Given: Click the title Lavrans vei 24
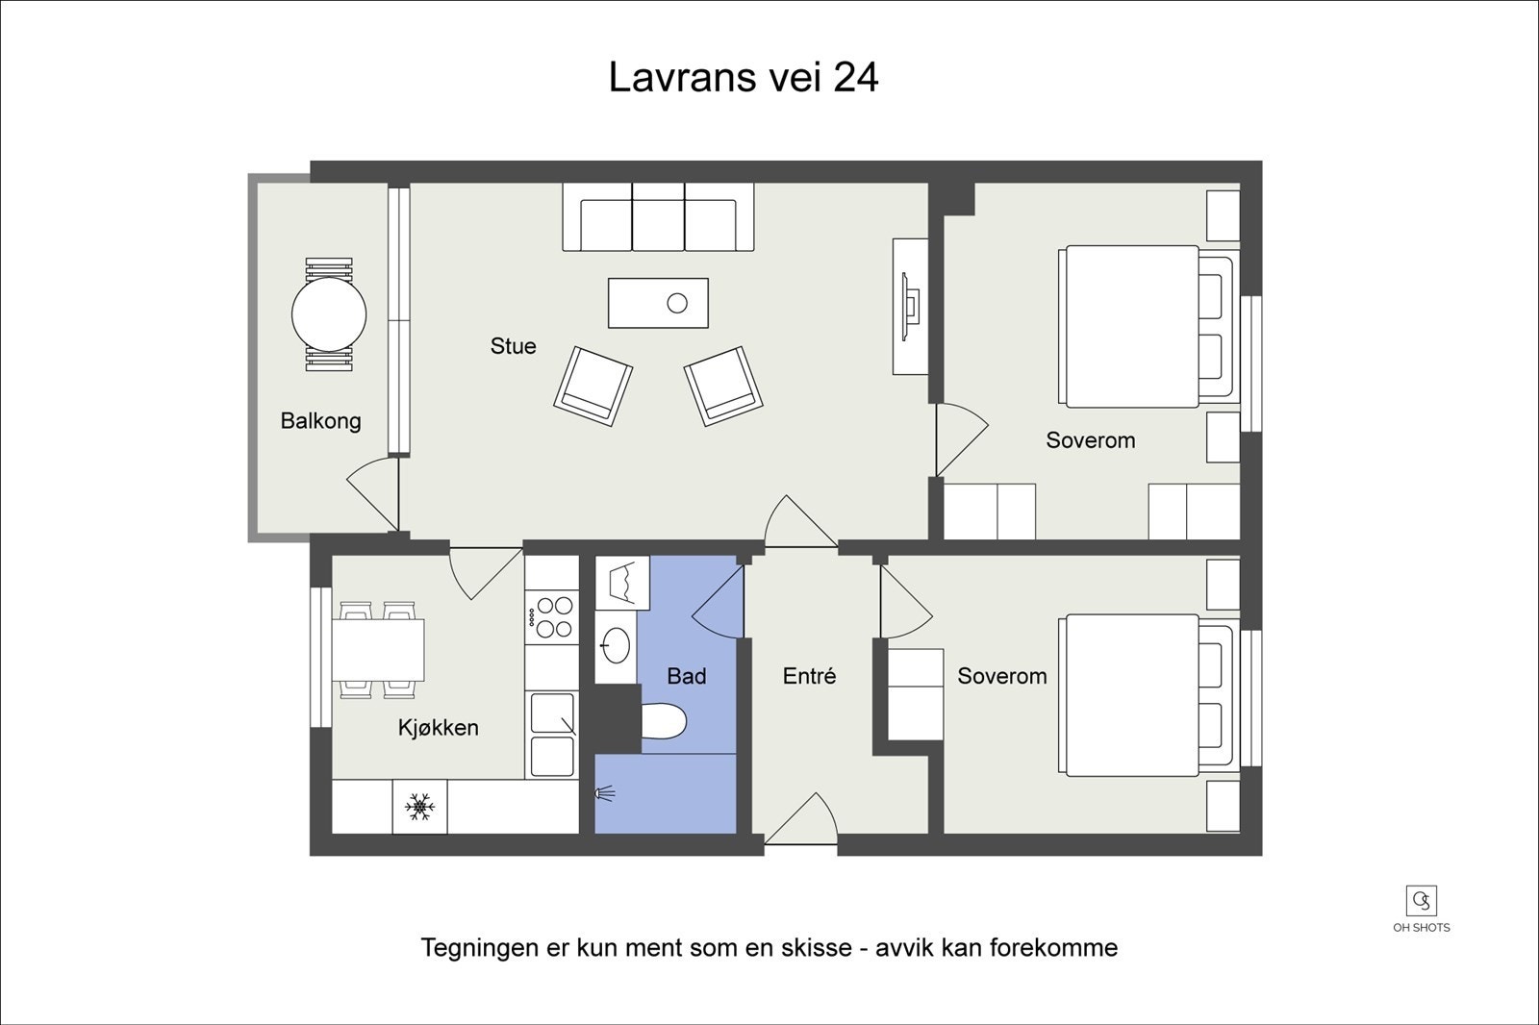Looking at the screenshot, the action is tap(744, 77).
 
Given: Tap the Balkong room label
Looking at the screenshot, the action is tap(321, 420).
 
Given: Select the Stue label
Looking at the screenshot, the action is tap(514, 345).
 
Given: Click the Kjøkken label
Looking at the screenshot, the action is tap(439, 728).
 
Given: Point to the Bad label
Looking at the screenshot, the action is tap(687, 676).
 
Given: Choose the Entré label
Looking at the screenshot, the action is tap(809, 676).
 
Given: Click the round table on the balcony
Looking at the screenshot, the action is tap(329, 314).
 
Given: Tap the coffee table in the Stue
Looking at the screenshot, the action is tap(658, 303).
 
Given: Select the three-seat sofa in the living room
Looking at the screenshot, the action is tap(658, 217).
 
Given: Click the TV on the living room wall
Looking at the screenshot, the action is tap(910, 307).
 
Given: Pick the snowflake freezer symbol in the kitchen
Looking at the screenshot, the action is tap(419, 807).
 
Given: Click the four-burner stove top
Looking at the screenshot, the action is tap(552, 617).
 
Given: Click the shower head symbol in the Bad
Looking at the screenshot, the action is tap(605, 794).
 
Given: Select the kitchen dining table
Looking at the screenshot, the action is tap(378, 650).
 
